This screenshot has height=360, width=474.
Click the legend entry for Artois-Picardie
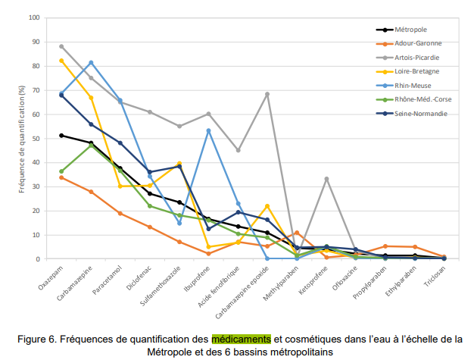[x=419, y=57]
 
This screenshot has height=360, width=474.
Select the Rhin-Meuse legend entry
[x=416, y=85]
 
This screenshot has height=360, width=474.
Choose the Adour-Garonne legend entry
[x=418, y=43]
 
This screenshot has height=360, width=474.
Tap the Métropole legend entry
[x=412, y=30]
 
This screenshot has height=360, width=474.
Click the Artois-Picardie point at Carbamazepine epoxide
[x=267, y=94]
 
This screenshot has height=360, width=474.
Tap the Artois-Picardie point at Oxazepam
[x=61, y=46]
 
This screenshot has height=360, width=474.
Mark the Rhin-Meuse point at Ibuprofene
[x=208, y=130]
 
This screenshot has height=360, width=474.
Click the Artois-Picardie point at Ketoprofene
[x=326, y=179]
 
